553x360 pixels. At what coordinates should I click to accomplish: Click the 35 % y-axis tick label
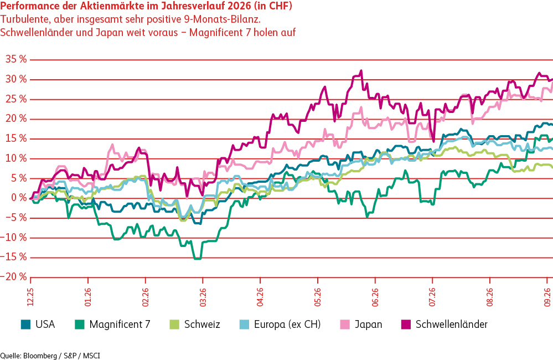(16, 59)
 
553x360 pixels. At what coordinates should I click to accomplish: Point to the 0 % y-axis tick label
(19, 198)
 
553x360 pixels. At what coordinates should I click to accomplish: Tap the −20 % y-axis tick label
(13, 277)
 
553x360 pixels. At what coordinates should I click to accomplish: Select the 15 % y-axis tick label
(16, 138)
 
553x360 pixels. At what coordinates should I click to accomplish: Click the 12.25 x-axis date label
(30, 297)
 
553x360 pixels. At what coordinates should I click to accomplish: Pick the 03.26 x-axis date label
(203, 297)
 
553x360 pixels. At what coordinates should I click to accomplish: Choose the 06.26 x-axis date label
(375, 297)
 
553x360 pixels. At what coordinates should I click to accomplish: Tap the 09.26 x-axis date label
(547, 297)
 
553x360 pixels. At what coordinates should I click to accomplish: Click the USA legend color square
(26, 325)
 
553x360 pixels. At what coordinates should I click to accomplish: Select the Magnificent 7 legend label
(120, 325)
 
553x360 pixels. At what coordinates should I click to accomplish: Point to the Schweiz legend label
(202, 325)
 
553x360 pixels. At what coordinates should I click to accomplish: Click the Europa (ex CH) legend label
(287, 325)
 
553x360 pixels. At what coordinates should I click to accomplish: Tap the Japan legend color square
(345, 325)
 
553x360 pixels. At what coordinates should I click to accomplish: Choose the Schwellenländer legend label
(452, 325)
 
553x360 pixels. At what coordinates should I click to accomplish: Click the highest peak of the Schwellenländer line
(361, 70)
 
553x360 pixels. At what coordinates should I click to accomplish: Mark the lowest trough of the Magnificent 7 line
(198, 259)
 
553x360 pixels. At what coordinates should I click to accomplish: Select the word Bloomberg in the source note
(40, 356)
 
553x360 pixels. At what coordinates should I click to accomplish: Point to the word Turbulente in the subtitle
(25, 19)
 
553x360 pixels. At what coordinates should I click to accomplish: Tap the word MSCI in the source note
(91, 356)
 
